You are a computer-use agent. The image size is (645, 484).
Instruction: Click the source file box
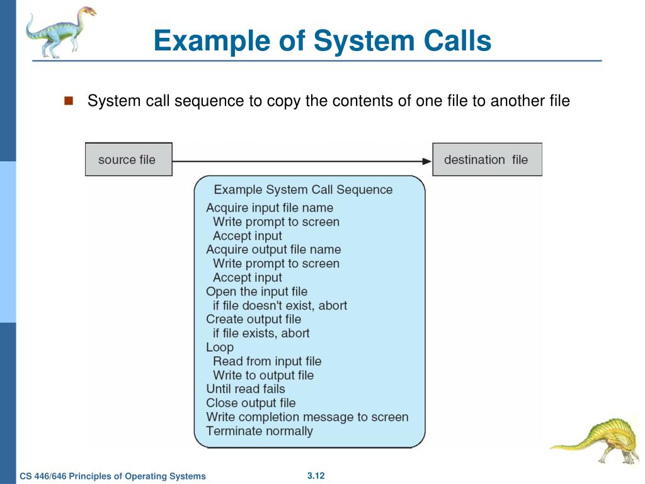[x=128, y=159]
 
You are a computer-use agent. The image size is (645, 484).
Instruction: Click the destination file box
[x=486, y=159]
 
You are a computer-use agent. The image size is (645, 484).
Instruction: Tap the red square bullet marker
[x=69, y=100]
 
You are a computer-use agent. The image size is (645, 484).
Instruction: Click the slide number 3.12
[x=316, y=475]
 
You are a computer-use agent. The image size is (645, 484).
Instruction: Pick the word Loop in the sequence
[x=220, y=347]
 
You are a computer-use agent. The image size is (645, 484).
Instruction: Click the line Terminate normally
[x=260, y=431]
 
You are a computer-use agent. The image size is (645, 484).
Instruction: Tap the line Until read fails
[x=246, y=389]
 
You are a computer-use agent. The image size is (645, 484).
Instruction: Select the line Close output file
[x=251, y=403]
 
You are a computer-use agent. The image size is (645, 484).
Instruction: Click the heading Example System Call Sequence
[x=303, y=190]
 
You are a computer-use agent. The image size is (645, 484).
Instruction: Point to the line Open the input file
[x=257, y=291]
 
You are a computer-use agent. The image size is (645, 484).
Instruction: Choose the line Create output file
[x=254, y=319]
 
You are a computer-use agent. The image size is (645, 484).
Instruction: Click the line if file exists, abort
[x=261, y=333]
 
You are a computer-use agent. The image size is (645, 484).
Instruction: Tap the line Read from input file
[x=267, y=361]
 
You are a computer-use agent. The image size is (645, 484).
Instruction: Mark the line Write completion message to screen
[x=307, y=417]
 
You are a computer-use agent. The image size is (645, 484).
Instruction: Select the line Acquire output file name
[x=273, y=250]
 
